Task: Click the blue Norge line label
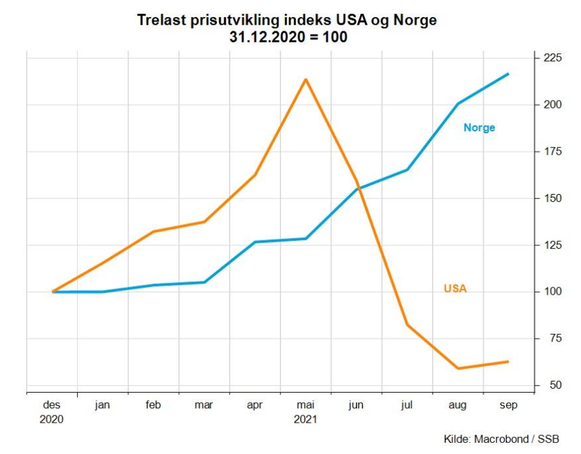[479, 128]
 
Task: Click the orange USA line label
[455, 288]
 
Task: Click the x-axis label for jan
[102, 405]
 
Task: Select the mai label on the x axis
[306, 405]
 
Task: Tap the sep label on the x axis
[509, 405]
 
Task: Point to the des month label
[52, 405]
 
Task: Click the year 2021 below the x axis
[306, 419]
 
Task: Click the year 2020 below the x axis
[52, 419]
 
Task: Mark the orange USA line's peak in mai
[306, 80]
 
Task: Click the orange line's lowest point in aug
[458, 368]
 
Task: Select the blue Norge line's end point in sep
[508, 74]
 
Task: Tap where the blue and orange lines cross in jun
[358, 188]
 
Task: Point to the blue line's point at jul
[407, 170]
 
